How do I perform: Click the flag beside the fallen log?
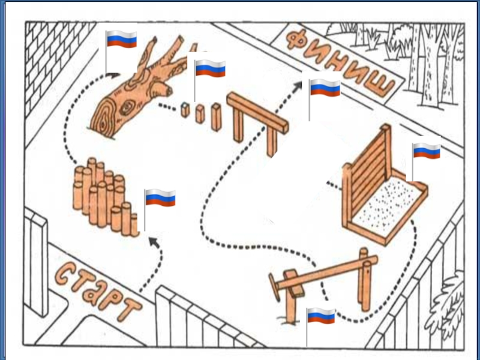[121, 40]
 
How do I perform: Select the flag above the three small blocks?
[210, 68]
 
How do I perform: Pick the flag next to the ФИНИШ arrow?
[325, 89]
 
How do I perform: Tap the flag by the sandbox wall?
[427, 151]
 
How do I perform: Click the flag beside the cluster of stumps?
[160, 197]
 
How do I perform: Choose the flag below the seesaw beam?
[321, 316]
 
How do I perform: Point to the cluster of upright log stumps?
[102, 195]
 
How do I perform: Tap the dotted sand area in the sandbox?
[390, 201]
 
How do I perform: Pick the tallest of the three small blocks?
[216, 117]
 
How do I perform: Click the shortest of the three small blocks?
[185, 110]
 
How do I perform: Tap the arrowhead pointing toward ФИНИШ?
[298, 86]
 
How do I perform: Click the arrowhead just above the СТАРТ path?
[153, 241]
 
